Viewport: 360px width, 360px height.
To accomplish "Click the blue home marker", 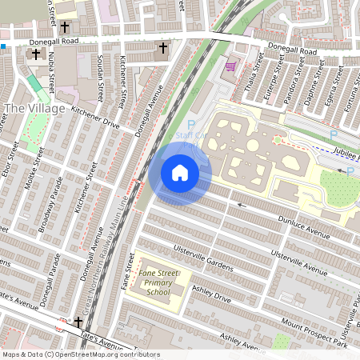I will coord(180,172).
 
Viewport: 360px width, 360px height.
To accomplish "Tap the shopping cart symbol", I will coord(231,67).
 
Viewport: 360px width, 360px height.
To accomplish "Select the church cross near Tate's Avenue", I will coord(78,322).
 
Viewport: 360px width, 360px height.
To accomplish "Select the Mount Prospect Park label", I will coord(314,334).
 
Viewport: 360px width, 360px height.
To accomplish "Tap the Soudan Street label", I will coord(101,73).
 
